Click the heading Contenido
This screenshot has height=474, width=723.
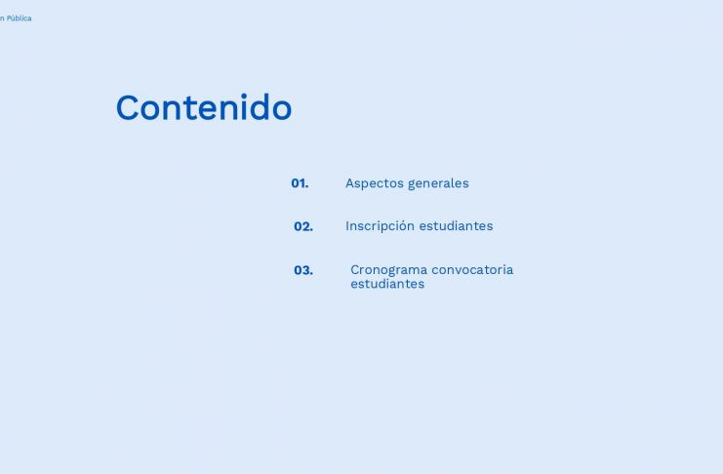click(204, 107)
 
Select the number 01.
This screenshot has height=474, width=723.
click(300, 183)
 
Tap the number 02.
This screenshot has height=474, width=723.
click(303, 226)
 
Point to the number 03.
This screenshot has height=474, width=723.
click(303, 270)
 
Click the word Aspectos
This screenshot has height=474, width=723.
click(375, 183)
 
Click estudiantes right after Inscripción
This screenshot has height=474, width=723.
click(456, 226)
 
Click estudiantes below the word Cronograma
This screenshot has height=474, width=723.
click(387, 284)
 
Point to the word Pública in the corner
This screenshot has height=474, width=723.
click(19, 19)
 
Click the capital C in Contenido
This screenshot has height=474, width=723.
click(128, 108)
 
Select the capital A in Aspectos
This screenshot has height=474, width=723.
click(350, 183)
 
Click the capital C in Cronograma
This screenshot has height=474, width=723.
click(355, 270)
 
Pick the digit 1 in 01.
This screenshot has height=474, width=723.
click(302, 183)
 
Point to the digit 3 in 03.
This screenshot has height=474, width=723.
click(306, 270)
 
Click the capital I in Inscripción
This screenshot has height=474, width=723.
click(347, 226)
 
